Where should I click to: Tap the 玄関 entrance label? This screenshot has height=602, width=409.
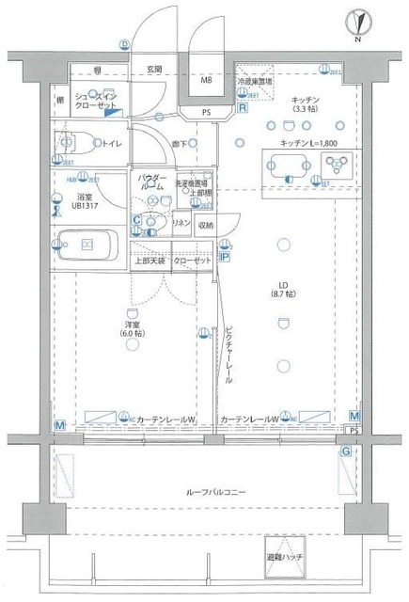tap(153, 70)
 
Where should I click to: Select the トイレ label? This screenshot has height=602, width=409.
tap(111, 143)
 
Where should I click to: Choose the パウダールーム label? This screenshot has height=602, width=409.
tap(152, 182)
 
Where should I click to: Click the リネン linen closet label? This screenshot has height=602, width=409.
tap(181, 224)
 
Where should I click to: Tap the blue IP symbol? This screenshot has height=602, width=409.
tap(225, 254)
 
